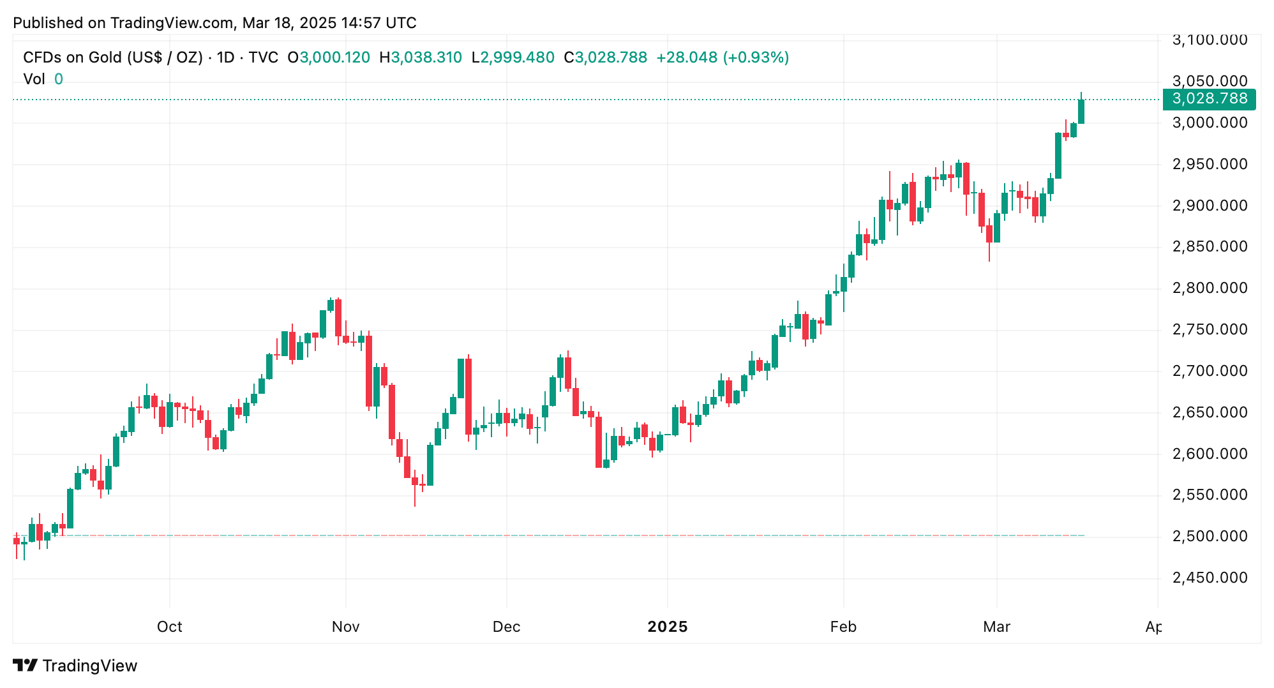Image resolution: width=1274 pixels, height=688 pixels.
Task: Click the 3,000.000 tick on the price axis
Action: (x=1209, y=123)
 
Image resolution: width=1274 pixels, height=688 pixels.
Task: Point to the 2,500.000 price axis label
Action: (x=1209, y=536)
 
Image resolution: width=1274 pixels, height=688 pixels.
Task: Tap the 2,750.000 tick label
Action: (x=1209, y=329)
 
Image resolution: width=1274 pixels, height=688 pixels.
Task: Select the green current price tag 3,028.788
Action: (x=1209, y=99)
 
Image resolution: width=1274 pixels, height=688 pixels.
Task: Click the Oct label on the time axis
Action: (x=169, y=627)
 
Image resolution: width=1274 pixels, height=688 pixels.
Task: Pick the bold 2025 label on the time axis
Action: (x=667, y=627)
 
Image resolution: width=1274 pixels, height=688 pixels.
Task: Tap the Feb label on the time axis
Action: (x=843, y=627)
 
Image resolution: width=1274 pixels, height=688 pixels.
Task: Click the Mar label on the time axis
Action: (x=996, y=627)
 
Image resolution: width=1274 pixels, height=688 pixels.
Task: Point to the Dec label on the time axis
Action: (x=506, y=627)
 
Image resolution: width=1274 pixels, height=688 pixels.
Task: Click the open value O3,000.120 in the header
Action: (x=329, y=57)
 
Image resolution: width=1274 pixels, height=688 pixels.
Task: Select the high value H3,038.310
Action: (x=421, y=57)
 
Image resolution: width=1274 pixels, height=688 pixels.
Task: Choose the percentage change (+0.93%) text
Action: (x=756, y=57)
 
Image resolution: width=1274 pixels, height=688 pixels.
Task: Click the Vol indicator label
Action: (x=34, y=79)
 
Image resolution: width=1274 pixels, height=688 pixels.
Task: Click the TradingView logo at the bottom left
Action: (x=75, y=666)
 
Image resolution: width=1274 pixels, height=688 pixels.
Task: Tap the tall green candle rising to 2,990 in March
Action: (x=1058, y=155)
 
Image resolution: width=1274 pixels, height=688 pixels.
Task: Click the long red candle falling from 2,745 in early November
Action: (x=369, y=370)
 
